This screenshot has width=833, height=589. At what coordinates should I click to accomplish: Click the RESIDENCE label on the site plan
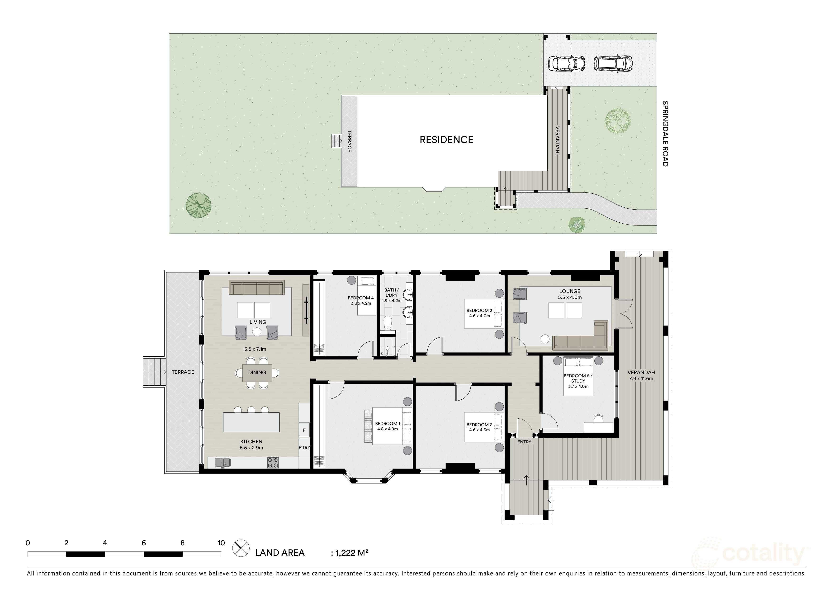click(x=446, y=140)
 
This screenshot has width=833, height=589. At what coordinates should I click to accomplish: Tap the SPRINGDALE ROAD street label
click(x=665, y=134)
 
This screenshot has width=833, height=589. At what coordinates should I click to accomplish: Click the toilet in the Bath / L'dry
click(x=388, y=323)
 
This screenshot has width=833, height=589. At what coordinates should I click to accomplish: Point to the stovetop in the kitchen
click(x=273, y=462)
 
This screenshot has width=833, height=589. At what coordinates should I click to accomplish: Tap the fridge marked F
click(x=304, y=430)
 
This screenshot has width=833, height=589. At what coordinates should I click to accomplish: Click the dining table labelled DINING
click(x=257, y=373)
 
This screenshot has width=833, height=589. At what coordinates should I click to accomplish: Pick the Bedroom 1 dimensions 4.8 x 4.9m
click(x=388, y=429)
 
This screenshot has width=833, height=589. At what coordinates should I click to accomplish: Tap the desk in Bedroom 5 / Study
click(x=599, y=427)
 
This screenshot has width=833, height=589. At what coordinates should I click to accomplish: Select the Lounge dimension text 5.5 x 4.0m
click(x=570, y=297)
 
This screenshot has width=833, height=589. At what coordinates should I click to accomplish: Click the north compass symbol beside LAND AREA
click(x=241, y=548)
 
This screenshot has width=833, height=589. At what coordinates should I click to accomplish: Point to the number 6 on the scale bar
click(x=144, y=543)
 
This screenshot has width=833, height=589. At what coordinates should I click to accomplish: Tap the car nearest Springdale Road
click(x=613, y=63)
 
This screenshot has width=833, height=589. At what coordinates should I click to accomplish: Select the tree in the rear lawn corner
click(x=199, y=206)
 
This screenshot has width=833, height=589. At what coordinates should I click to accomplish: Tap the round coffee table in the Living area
click(x=256, y=332)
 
